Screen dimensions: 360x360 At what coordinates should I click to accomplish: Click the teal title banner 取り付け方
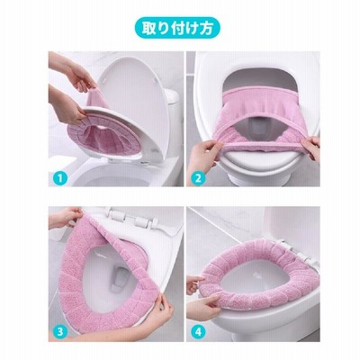(x=177, y=28)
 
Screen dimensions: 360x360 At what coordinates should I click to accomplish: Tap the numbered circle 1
(x=60, y=179)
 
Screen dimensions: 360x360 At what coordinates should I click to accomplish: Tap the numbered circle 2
(x=198, y=179)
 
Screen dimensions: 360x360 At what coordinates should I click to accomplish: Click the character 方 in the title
(x=207, y=28)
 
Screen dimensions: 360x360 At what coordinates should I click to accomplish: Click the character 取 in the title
(x=148, y=28)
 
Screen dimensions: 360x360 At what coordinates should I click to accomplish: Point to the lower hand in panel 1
(x=67, y=105)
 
